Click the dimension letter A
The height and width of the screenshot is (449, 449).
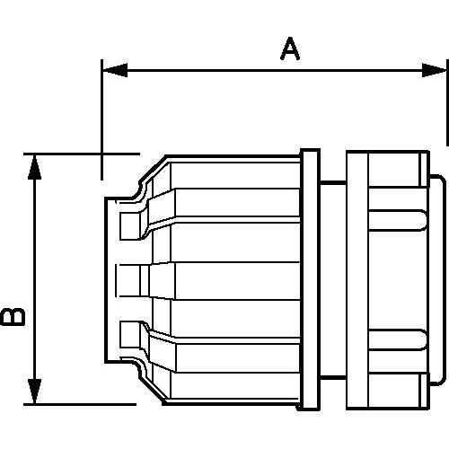290,48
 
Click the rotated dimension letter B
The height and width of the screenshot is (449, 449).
13,317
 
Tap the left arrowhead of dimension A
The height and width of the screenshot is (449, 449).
115,70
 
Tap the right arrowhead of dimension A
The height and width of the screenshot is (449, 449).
434,70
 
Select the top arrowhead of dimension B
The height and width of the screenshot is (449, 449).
34,167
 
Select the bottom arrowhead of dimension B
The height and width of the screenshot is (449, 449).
34,392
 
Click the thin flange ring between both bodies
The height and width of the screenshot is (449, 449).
310,279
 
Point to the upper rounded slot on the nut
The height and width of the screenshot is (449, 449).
397,220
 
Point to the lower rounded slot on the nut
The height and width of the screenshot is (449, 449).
397,339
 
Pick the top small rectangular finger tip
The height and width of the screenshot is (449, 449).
130,226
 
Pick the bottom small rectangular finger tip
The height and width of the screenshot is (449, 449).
130,334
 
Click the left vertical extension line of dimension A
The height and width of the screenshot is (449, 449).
102,119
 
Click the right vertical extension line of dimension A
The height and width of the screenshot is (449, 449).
447,102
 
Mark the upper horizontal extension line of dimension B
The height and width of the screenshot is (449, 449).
82,154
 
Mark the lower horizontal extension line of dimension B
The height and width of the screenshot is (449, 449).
80,404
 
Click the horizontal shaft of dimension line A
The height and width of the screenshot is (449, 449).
275,70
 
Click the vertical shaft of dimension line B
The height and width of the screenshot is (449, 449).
34,279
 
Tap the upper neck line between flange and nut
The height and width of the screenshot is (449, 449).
333,181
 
